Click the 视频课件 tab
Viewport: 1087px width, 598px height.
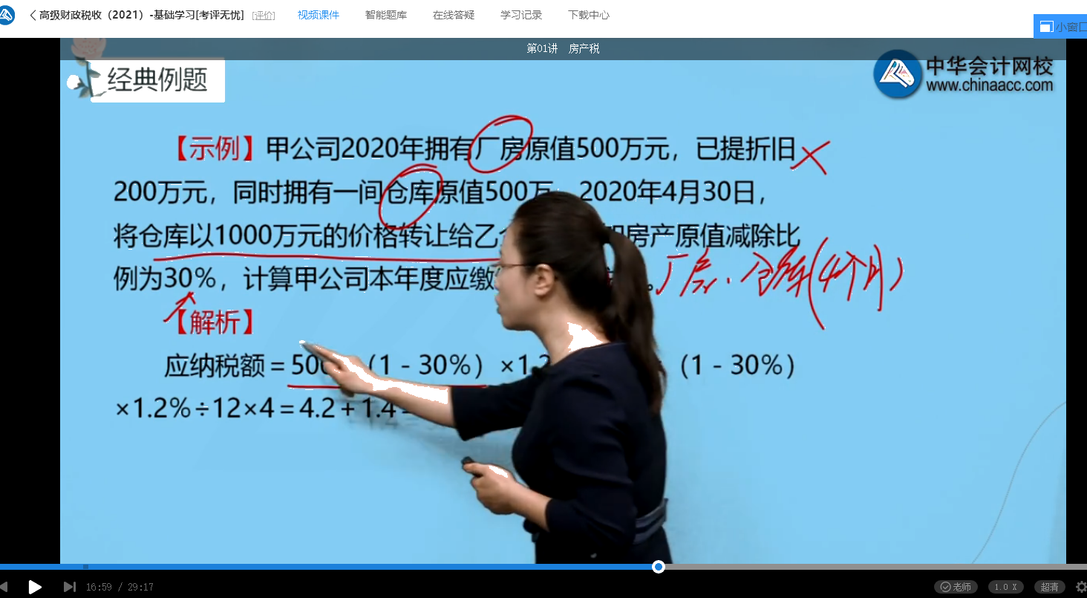(318, 15)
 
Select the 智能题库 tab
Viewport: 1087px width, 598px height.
(386, 15)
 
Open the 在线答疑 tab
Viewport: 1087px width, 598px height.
(454, 15)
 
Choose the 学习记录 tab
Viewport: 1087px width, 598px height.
(521, 15)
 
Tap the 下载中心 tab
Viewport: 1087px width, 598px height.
(589, 15)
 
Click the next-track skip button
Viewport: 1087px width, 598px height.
(69, 587)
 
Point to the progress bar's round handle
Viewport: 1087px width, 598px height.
(658, 567)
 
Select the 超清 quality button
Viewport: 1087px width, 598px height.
(1050, 587)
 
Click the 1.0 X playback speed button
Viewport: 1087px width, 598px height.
(1006, 587)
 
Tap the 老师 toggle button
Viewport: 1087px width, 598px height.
(956, 587)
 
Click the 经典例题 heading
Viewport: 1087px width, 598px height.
(157, 80)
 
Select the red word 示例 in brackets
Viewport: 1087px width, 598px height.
(215, 149)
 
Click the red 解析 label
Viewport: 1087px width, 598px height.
(215, 322)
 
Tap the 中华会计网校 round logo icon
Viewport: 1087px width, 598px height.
(897, 74)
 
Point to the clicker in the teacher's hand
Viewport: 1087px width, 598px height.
(473, 463)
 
